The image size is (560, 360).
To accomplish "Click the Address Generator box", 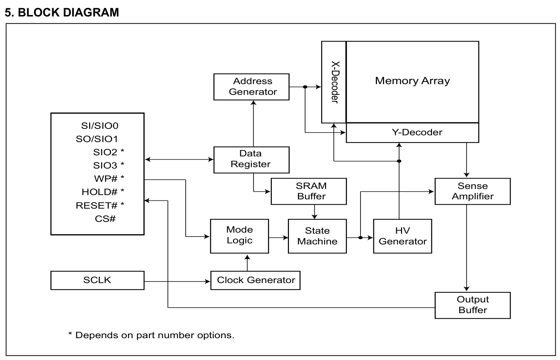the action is point(251,87).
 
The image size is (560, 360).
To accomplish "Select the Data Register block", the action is point(251,160).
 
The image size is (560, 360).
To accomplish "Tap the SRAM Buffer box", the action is point(309,191).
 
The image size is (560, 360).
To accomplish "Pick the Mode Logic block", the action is point(240,236).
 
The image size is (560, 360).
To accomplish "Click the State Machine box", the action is point(317,236).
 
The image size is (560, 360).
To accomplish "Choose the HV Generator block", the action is point(403,236).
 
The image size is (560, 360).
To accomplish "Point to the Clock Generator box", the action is point(255,281).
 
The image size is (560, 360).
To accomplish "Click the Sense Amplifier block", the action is point(472,191).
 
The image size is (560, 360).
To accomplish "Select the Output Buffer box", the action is point(472,305).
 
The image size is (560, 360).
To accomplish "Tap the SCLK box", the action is point(98,281).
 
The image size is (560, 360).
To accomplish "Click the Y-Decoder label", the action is point(417,132).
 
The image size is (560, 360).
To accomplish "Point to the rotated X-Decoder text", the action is point(335,82).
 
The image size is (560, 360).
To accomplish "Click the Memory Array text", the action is point(413,81).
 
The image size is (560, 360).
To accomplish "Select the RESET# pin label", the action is point(97,205).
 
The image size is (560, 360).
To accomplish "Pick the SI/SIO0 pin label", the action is point(99,126).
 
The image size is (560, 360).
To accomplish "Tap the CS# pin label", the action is point(105,219).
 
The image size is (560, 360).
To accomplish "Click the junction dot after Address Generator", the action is point(305,87).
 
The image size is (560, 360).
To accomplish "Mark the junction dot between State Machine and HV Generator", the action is point(360,237).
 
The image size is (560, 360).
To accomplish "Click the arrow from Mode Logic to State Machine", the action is point(279,237).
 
